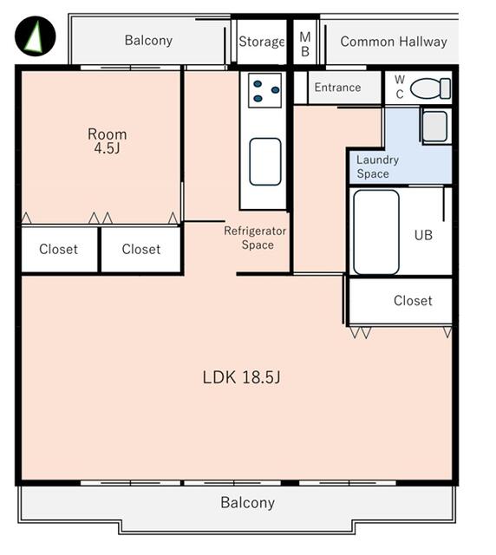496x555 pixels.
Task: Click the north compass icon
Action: tap(35, 36)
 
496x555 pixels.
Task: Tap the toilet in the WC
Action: tap(430, 88)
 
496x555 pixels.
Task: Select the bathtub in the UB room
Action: tap(376, 232)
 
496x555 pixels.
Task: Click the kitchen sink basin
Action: tap(265, 161)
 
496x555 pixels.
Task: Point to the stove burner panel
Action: tap(264, 90)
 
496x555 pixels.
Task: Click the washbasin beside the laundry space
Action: tap(435, 127)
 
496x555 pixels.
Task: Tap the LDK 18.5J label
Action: tap(241, 377)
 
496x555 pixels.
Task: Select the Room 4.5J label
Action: tap(107, 140)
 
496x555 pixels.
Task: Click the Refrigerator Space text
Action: tap(255, 238)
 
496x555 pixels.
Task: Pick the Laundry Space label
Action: tap(377, 166)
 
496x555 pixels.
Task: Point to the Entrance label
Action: tap(337, 88)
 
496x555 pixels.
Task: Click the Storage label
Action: tap(262, 42)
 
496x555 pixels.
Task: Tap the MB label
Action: tap(305, 44)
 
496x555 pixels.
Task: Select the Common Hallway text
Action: tap(394, 42)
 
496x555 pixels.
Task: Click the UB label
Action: tap(423, 235)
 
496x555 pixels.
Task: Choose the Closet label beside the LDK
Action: tap(413, 301)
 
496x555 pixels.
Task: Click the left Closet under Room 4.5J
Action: tap(58, 249)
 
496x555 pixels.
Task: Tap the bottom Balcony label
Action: tap(247, 503)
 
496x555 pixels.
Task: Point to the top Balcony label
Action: tap(148, 41)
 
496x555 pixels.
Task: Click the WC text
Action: tap(400, 87)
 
